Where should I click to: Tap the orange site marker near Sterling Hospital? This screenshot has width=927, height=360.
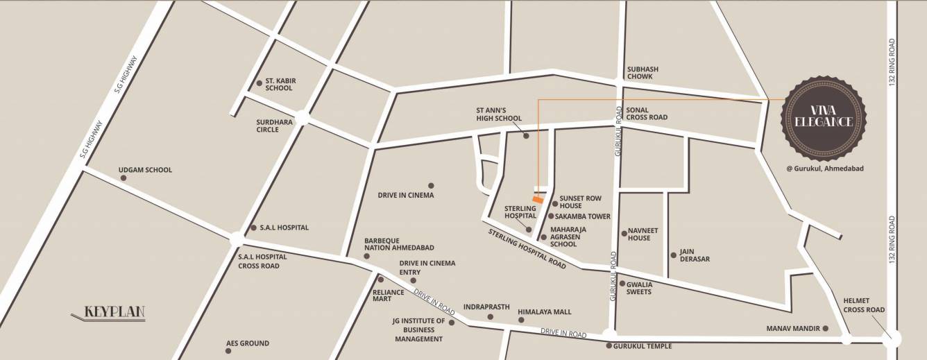click(x=536, y=200)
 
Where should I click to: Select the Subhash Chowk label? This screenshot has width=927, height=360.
click(x=643, y=73)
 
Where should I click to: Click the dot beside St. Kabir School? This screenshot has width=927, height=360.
click(x=260, y=83)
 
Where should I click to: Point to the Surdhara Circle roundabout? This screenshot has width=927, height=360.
click(x=302, y=118)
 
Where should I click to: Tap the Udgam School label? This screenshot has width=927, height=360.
click(x=145, y=170)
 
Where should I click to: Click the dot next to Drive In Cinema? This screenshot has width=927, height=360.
click(x=431, y=185)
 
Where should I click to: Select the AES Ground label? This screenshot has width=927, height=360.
click(x=248, y=343)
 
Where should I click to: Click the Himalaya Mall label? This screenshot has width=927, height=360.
click(x=545, y=312)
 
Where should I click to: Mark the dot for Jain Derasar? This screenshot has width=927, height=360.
click(x=673, y=255)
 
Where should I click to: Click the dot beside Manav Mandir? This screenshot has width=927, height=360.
click(x=825, y=328)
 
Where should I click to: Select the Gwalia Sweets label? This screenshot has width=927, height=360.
click(x=639, y=287)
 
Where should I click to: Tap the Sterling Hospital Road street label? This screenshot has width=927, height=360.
click(x=527, y=248)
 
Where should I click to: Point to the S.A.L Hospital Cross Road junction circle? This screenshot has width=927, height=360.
click(x=237, y=239)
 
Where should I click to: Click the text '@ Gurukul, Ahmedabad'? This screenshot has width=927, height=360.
click(x=824, y=169)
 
